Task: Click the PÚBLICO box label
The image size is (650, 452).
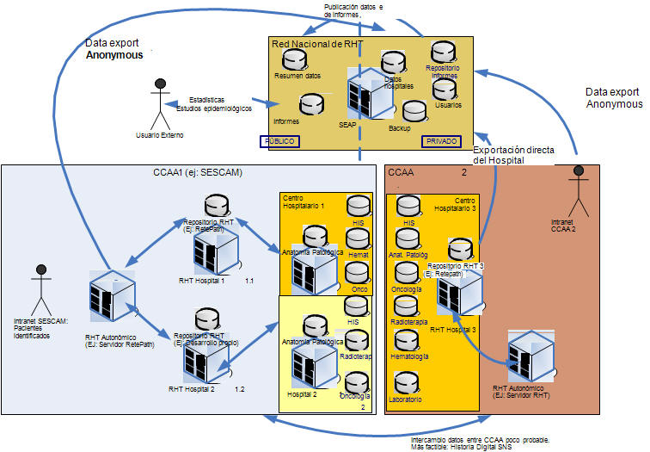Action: [279, 141]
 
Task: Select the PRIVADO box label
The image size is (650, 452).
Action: [441, 141]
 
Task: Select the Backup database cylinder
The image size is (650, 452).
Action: [414, 111]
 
